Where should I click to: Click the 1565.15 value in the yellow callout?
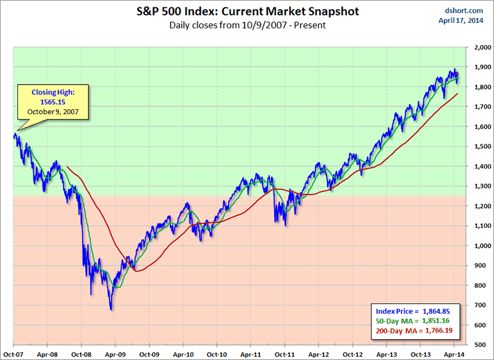click(x=52, y=103)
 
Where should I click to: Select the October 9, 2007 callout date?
click(x=52, y=112)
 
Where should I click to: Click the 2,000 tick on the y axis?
click(x=481, y=47)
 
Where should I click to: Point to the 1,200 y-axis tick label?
click(x=481, y=206)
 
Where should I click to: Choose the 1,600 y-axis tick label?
click(x=481, y=127)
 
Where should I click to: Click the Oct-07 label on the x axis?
click(x=14, y=354)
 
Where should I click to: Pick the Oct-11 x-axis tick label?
click(x=284, y=354)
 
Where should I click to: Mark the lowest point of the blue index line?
click(x=111, y=309)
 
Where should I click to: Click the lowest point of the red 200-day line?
click(x=136, y=270)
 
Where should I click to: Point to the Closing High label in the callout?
click(x=52, y=93)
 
